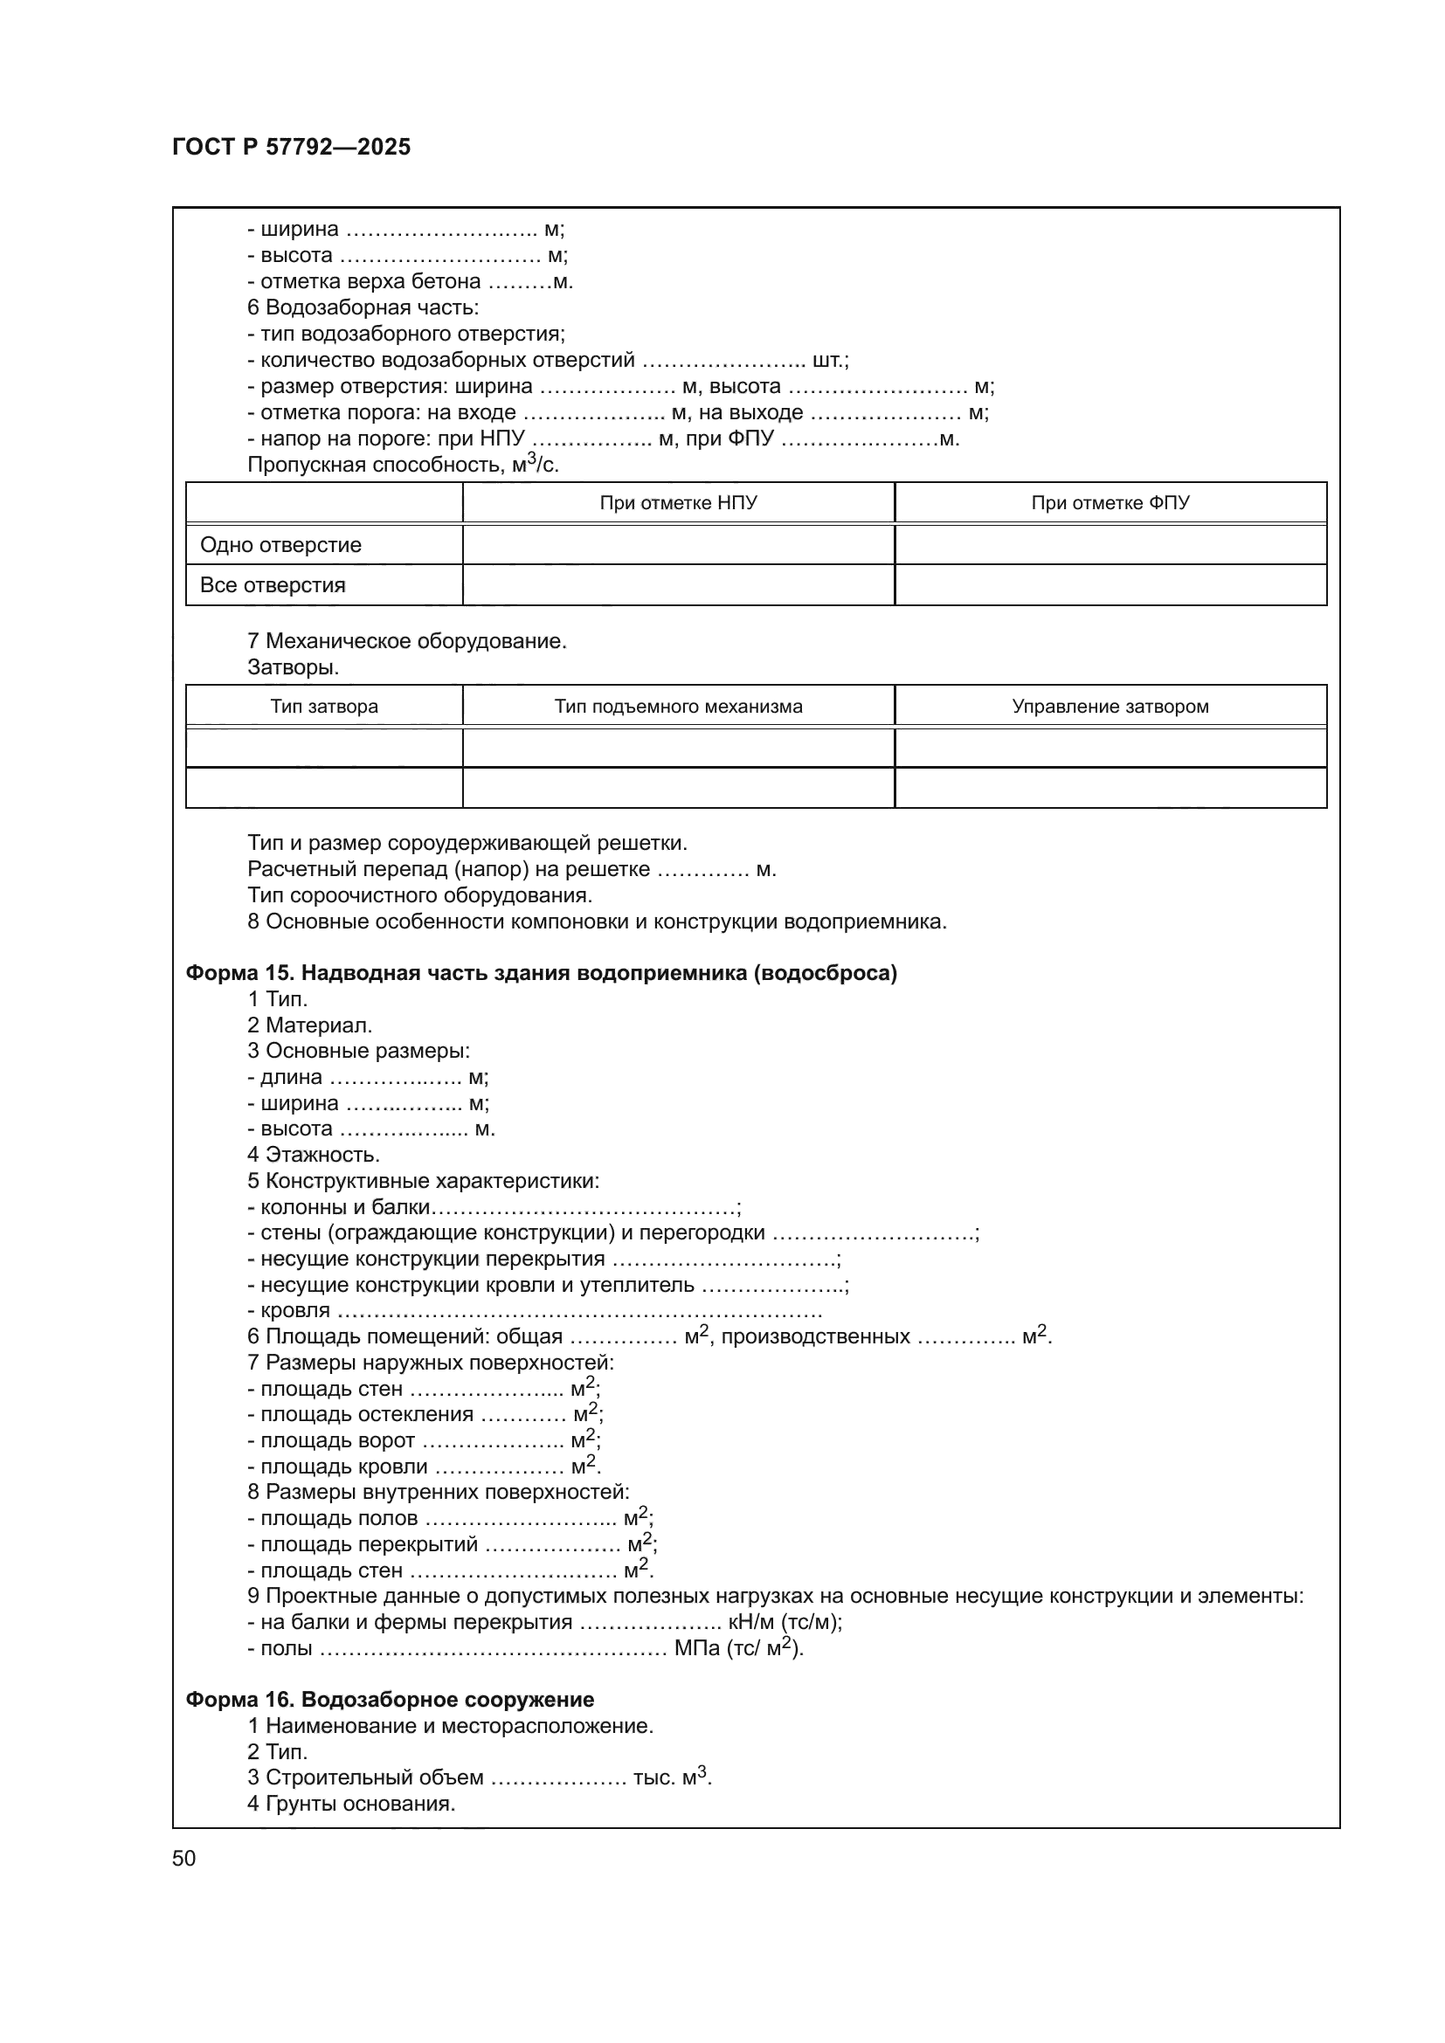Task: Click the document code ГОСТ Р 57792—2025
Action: [292, 147]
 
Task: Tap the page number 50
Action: [184, 1858]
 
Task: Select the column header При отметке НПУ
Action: [678, 503]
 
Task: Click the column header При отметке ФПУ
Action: [1110, 503]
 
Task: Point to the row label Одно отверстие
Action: [281, 544]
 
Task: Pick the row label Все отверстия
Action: [273, 585]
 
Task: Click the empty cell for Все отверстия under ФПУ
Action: [1110, 585]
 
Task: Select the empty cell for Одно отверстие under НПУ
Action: [678, 544]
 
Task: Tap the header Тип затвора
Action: [324, 707]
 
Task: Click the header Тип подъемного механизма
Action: [678, 707]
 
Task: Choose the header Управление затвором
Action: [1110, 707]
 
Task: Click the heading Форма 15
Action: [541, 972]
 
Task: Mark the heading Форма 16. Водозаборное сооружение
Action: [390, 1700]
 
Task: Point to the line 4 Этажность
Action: [314, 1155]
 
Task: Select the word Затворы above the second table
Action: [293, 666]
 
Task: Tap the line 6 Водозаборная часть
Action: [363, 307]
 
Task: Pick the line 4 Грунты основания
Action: [351, 1804]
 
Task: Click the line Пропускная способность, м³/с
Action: [403, 465]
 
